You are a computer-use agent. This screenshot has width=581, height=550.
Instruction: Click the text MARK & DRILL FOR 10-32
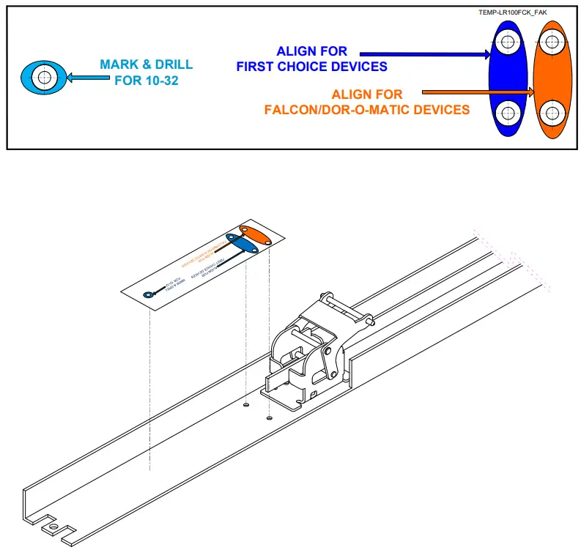coord(147,72)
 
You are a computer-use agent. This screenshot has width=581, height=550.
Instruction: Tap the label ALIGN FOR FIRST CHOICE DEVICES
coord(311,59)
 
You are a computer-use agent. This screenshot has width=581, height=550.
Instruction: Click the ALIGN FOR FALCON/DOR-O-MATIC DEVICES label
coord(366,103)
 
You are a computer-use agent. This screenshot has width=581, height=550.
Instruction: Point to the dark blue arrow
coord(425,53)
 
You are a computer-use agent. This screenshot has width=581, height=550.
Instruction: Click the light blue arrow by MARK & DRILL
coord(83,76)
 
